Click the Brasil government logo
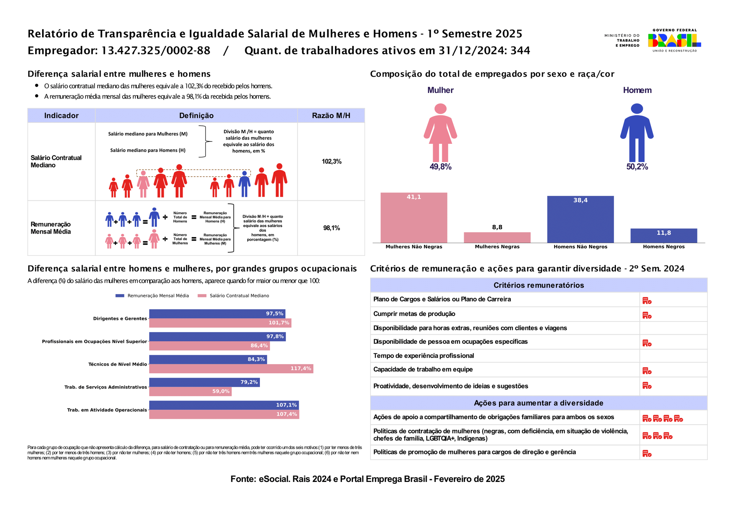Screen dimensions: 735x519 tap(675, 40)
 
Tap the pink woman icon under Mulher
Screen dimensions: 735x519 tap(440, 132)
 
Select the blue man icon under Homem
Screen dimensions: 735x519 tap(637, 132)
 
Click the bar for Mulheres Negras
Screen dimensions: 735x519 tap(497, 238)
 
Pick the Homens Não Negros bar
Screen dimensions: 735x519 tap(580, 220)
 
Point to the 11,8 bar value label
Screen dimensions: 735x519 tap(664, 233)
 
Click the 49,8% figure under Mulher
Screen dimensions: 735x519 tap(440, 167)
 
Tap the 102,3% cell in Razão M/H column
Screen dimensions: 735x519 tap(332, 161)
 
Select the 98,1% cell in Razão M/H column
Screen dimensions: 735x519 tap(332, 228)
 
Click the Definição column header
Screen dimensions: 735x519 tap(196, 116)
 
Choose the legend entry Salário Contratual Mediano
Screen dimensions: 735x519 tap(233, 296)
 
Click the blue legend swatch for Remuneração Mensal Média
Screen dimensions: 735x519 tap(120, 296)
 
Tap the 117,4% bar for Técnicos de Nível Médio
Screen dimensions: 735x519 tap(231, 369)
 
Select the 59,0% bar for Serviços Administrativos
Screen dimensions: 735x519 tap(190, 391)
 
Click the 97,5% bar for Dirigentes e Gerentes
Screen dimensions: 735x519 tap(217, 314)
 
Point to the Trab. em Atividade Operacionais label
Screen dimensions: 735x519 tap(107, 410)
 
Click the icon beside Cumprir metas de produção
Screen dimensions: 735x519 tap(647, 315)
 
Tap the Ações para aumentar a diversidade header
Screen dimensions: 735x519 tap(539, 403)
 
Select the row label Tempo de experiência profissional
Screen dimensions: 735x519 tap(423, 356)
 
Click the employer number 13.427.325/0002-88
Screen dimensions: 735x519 tap(156, 50)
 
